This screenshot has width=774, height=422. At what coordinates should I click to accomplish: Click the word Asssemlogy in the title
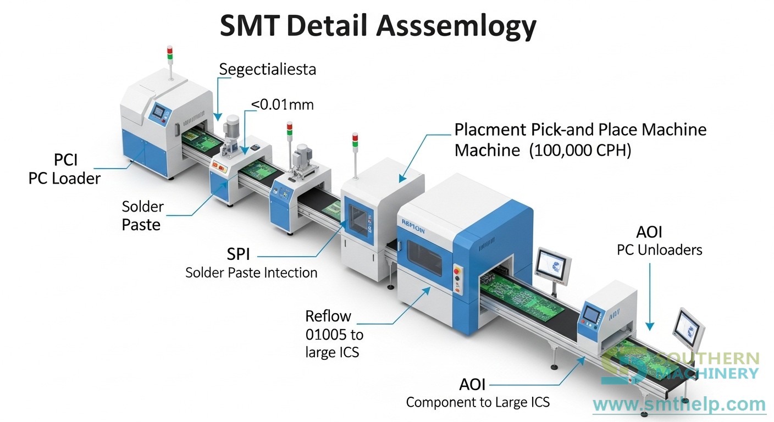point(456,27)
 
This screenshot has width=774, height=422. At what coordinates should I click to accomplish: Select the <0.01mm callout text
point(283,104)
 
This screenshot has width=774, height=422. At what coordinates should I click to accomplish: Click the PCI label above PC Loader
point(65,160)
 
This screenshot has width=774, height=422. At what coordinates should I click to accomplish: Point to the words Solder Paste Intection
point(251,273)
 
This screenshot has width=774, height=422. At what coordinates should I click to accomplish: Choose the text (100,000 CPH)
point(580,150)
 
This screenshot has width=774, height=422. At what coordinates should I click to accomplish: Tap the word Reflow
point(328,316)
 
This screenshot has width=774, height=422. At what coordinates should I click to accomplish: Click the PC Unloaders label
point(659,250)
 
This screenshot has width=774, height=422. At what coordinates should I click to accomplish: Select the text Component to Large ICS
point(478,402)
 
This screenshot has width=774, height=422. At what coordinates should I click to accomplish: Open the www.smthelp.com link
point(679,405)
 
